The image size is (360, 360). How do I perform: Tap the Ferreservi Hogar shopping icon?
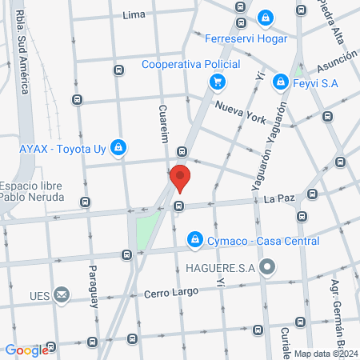pyautogui.click(x=266, y=19)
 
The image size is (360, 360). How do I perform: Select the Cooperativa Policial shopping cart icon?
pyautogui.click(x=216, y=81)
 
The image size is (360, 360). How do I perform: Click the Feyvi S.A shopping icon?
pyautogui.click(x=280, y=81)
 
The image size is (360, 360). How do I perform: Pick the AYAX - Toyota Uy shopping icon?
pyautogui.click(x=118, y=147)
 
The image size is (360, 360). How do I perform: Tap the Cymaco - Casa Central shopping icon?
pyautogui.click(x=194, y=239)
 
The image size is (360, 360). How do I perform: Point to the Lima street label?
pyautogui.click(x=134, y=14)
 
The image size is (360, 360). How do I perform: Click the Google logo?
pyautogui.click(x=26, y=350)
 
